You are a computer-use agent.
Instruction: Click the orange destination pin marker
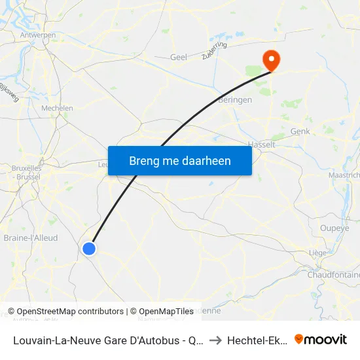[x=270, y=61]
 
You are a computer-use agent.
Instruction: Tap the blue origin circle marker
[x=89, y=248]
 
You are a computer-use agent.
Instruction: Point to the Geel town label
[x=178, y=58]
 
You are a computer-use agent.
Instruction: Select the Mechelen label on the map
[x=57, y=108]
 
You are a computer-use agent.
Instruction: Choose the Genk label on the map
[x=300, y=132]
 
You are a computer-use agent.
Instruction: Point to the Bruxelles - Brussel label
[x=27, y=172]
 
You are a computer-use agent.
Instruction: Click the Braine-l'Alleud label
[x=31, y=238]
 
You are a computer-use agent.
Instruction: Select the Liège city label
[x=318, y=253]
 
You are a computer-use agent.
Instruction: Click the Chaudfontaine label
[x=334, y=275]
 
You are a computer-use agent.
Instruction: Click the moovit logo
[x=321, y=339]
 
